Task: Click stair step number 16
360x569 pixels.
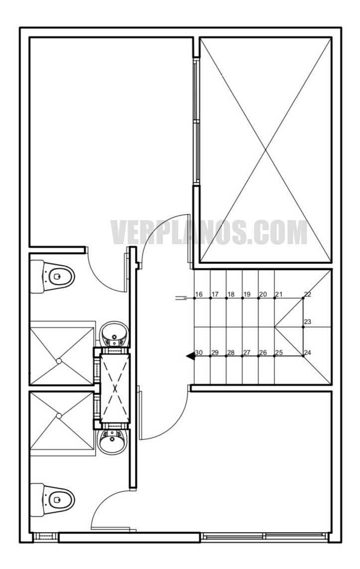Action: [x=198, y=294]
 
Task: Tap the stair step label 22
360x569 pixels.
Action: [x=307, y=294]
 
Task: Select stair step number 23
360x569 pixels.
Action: [x=307, y=321]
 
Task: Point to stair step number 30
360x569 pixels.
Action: [x=199, y=352]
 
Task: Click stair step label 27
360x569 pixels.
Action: [x=246, y=352]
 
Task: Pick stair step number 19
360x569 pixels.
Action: [x=246, y=294]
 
